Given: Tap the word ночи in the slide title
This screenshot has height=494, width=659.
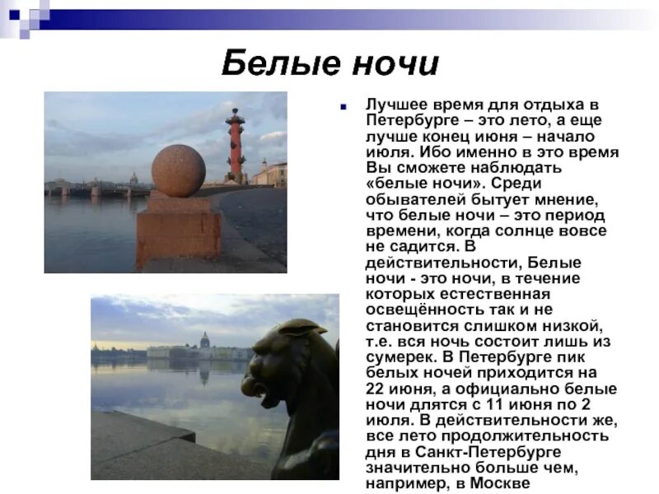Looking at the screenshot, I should pos(390,63).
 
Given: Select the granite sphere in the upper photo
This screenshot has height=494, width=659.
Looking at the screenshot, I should pos(179,170).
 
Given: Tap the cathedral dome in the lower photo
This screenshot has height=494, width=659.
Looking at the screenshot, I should pos(204,340).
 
